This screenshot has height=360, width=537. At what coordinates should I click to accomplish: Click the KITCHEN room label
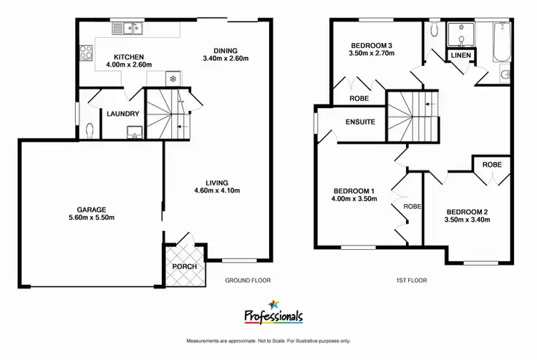click(130, 57)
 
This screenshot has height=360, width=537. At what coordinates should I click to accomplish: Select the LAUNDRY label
click(122, 113)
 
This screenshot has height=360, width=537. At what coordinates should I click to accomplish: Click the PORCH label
click(185, 266)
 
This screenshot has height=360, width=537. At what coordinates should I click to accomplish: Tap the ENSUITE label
click(360, 122)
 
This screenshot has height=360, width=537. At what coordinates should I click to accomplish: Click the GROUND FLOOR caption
click(248, 281)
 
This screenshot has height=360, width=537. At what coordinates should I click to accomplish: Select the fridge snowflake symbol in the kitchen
click(172, 80)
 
